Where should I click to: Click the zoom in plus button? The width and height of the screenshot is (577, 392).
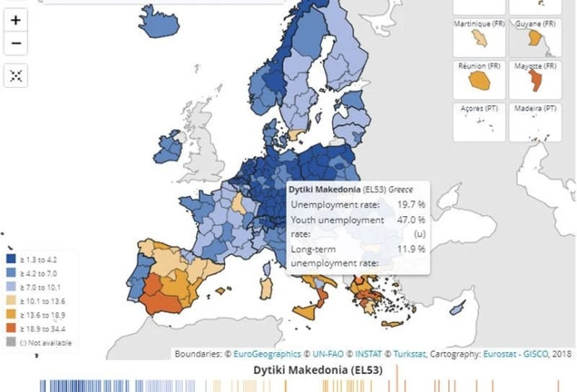click(16, 20)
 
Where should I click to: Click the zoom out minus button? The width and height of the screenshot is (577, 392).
click(16, 43)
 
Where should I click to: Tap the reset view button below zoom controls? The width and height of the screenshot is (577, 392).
click(16, 75)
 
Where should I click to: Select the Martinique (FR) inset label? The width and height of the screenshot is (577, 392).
click(477, 24)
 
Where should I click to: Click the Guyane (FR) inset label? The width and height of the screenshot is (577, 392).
click(535, 24)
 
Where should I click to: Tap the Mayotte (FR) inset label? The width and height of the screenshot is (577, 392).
click(535, 66)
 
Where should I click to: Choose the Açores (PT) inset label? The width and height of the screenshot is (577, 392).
click(477, 108)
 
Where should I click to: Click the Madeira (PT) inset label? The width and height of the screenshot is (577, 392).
click(535, 108)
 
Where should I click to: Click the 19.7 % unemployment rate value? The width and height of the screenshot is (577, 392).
click(411, 205)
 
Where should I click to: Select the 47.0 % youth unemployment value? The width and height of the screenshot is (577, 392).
click(411, 220)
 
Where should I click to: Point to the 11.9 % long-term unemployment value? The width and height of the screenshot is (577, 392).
click(411, 249)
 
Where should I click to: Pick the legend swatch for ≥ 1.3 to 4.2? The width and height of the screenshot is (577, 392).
click(12, 259)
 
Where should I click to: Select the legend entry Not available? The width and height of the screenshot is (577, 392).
click(48, 343)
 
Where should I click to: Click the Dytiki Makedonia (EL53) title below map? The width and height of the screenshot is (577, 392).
click(317, 370)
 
